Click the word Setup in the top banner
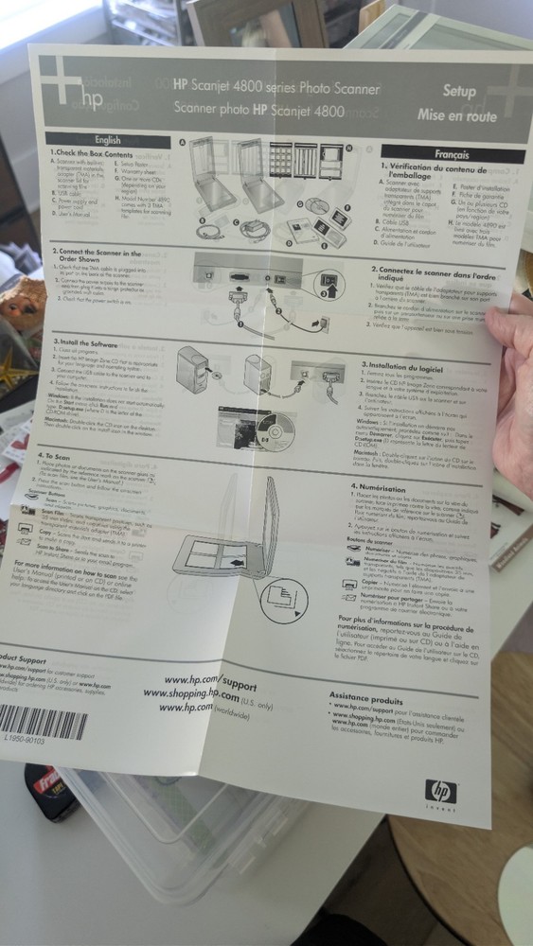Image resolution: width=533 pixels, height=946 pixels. coord(459,92)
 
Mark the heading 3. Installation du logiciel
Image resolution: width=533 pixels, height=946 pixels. coord(408,363)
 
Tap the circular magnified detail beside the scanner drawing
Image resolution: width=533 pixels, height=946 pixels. coord(283,593)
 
